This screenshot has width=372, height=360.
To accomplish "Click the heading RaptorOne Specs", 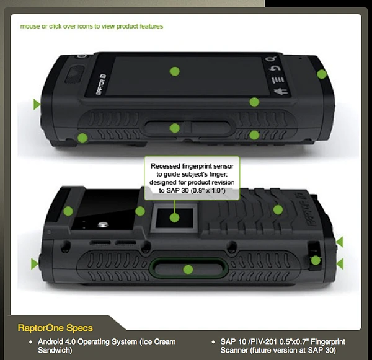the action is point(55,328).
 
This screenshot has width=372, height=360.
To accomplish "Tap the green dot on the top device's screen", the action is point(175,71).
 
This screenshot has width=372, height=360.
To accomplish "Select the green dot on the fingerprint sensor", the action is point(175,217).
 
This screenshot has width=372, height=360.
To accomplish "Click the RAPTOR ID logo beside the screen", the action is point(101,84).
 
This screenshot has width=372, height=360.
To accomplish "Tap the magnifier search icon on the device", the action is point(272,59).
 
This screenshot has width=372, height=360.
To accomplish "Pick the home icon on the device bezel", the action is point(281,92).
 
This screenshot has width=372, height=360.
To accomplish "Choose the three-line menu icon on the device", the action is point(278,80).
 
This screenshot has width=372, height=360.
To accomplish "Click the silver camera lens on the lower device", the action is point(103,224).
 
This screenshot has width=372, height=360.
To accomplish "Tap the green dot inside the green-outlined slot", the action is point(188,270).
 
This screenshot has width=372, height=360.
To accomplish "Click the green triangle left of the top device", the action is point(37,104).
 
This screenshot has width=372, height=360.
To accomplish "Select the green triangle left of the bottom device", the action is point(34,264).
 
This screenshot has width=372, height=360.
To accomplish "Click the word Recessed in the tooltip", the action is point(166,166).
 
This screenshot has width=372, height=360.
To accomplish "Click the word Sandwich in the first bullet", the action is point(55,350).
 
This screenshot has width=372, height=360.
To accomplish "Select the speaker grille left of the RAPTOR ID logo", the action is point(74,75).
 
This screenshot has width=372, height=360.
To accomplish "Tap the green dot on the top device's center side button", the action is point(175,128).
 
